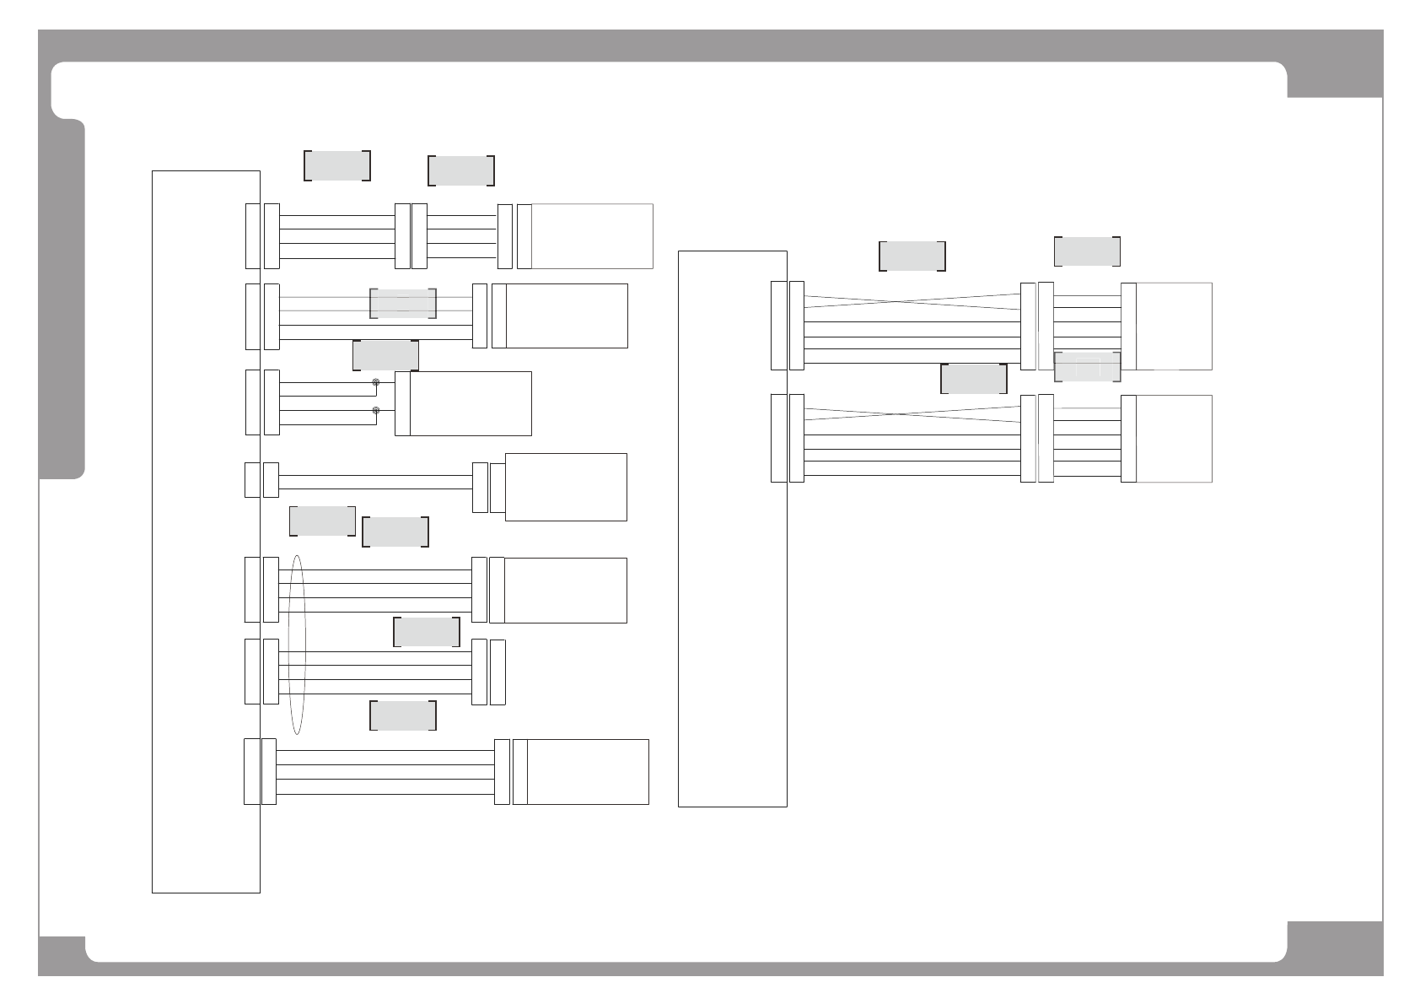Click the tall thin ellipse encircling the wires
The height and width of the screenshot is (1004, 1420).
pyautogui.click(x=296, y=645)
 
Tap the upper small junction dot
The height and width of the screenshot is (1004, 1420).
pyautogui.click(x=376, y=383)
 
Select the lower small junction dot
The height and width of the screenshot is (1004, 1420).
pyautogui.click(x=376, y=411)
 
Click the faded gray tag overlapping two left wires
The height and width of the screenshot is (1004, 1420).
pyautogui.click(x=403, y=304)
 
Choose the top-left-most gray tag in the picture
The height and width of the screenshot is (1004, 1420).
pyautogui.click(x=336, y=165)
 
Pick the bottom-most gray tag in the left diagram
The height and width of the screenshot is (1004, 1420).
pyautogui.click(x=403, y=715)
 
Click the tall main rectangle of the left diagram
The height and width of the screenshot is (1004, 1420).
pyautogui.click(x=206, y=531)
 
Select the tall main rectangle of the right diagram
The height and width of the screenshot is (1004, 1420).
pyautogui.click(x=732, y=528)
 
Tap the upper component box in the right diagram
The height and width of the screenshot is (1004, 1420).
pyautogui.click(x=1174, y=327)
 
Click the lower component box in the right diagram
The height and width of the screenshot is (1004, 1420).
pyautogui.click(x=1174, y=439)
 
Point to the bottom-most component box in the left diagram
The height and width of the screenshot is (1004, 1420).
pyautogui.click(x=588, y=772)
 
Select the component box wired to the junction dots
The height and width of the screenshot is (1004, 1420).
pyautogui.click(x=471, y=403)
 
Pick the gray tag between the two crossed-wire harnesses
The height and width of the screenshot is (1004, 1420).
pyautogui.click(x=974, y=379)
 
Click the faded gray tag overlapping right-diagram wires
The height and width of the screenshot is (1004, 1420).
pyautogui.click(x=1087, y=367)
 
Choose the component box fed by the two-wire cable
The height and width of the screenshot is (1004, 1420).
pyautogui.click(x=565, y=487)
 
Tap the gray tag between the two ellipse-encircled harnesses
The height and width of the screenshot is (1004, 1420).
pyautogui.click(x=427, y=632)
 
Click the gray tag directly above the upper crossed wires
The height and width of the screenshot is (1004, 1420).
pyautogui.click(x=912, y=256)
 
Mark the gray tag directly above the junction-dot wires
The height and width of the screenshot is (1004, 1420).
pyautogui.click(x=385, y=355)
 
